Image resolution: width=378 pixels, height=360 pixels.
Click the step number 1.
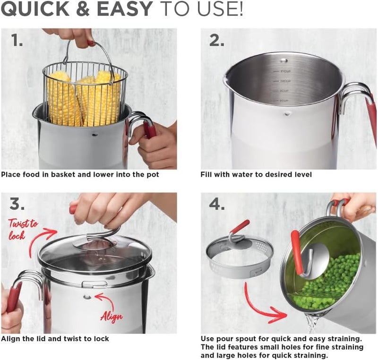[x=17, y=41]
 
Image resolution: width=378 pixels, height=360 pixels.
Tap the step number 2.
[x=217, y=41]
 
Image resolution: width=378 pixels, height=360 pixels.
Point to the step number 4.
[x=217, y=205]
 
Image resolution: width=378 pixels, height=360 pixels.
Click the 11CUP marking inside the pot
[x=285, y=71]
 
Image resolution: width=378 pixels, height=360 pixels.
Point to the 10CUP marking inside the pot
[x=285, y=81]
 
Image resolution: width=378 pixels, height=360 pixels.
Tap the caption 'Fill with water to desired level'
[x=256, y=174]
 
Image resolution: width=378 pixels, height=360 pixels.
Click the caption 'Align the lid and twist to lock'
[x=55, y=338]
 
